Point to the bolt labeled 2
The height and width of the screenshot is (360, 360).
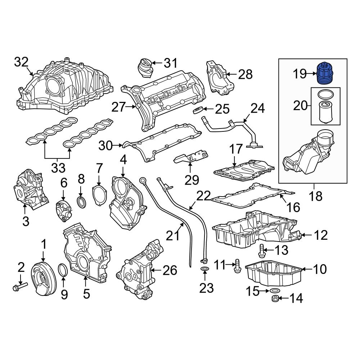coord(19,287)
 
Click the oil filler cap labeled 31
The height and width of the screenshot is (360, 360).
coord(144,67)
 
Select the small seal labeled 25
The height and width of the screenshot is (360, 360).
coord(198,110)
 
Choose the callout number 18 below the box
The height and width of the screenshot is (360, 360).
coord(314,197)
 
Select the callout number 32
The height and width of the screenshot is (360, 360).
coord(21,62)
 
